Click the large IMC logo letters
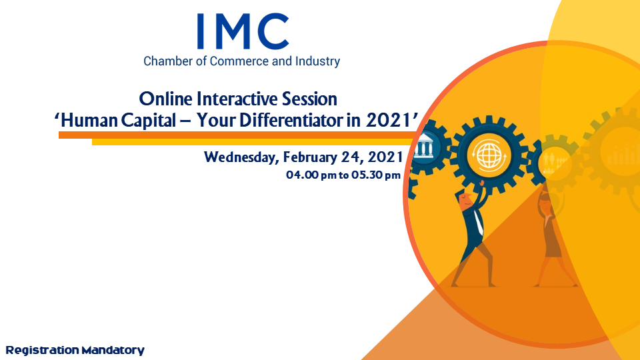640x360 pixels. pos(243,31)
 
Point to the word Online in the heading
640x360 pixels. pos(165,99)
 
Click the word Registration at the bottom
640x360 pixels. pos(43,350)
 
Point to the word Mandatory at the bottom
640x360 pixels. pos(113,351)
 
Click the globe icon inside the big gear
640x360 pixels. pos(489,155)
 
